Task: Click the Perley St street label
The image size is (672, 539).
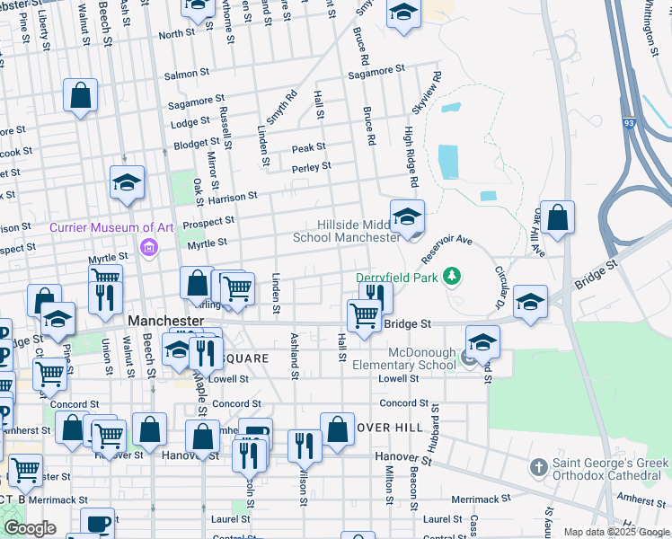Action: (x=311, y=166)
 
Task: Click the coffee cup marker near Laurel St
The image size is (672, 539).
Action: (x=97, y=524)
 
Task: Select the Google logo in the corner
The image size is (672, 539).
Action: (x=30, y=529)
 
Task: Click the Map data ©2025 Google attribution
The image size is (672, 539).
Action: (x=615, y=532)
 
